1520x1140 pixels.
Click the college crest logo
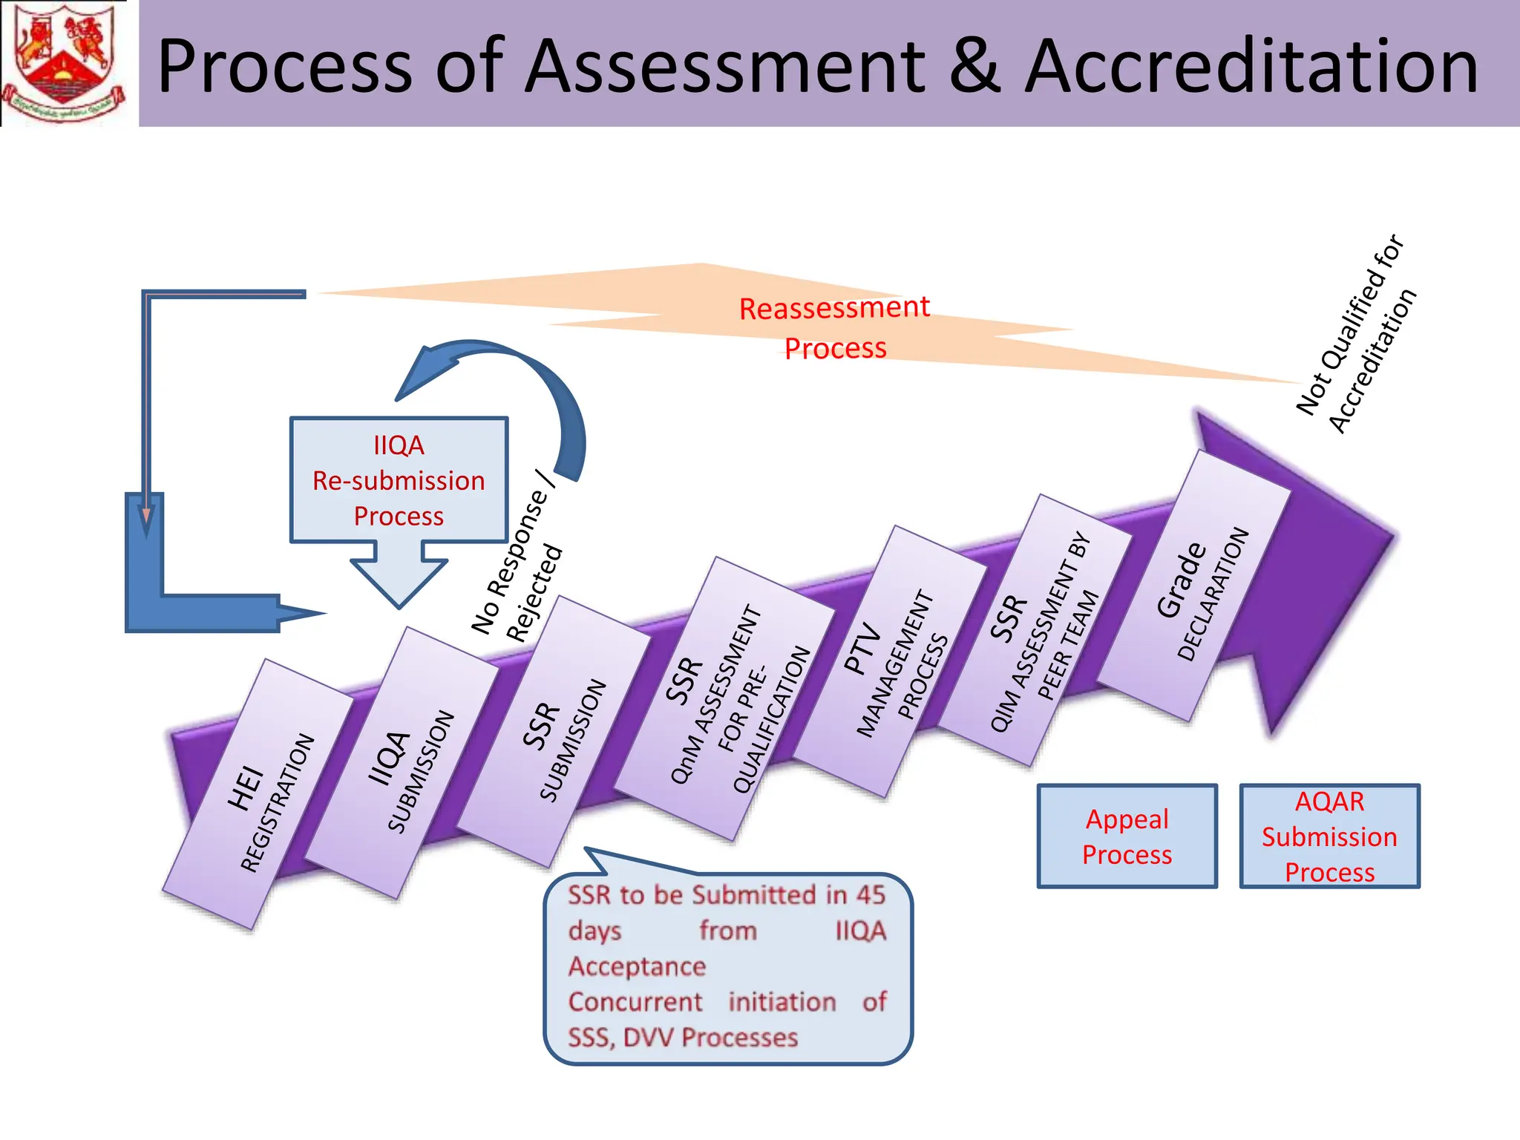pyautogui.click(x=63, y=63)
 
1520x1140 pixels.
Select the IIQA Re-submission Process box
pyautogui.click(x=399, y=480)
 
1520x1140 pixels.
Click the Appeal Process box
pyautogui.click(x=1127, y=836)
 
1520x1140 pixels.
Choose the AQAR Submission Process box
pyautogui.click(x=1329, y=836)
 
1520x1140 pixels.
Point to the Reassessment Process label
pyautogui.click(x=834, y=327)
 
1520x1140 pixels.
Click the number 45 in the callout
pyautogui.click(x=870, y=895)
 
